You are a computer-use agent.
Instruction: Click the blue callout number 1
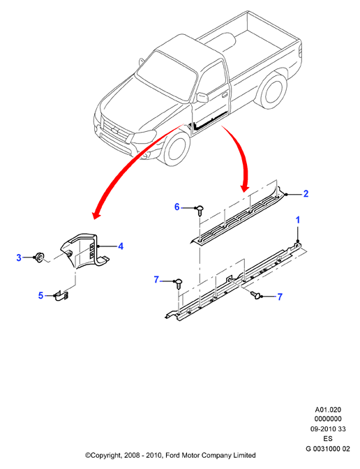[297, 221]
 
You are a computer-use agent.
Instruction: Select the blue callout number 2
[306, 194]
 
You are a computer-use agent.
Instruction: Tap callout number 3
[19, 258]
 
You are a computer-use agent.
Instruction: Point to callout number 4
[121, 246]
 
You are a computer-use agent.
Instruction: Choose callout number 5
[41, 295]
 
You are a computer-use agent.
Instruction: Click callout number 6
[177, 207]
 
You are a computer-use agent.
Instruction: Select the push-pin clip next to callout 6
[200, 210]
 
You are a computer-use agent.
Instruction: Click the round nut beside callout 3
[39, 258]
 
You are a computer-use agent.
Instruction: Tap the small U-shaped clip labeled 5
[62, 297]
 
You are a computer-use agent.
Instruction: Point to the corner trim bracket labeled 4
[84, 251]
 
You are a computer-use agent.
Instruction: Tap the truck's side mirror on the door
[202, 98]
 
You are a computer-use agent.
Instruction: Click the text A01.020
[328, 410]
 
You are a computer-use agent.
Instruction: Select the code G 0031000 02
[328, 449]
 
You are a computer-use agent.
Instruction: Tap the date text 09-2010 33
[328, 429]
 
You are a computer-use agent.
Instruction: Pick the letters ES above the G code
[328, 439]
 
